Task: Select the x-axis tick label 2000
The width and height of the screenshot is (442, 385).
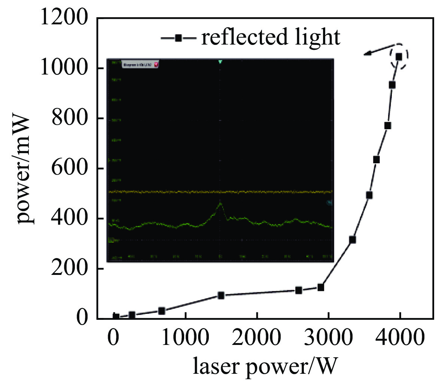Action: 257,338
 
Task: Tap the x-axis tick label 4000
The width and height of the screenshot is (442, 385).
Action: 399,338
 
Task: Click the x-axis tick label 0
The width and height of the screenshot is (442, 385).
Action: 113,338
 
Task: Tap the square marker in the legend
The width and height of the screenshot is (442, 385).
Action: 179,38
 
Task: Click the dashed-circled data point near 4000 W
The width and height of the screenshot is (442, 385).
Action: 399,57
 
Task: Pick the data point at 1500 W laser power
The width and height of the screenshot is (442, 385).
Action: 221,295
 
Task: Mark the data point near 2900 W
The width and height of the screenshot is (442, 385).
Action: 320,288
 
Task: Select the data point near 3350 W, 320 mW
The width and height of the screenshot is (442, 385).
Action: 352,240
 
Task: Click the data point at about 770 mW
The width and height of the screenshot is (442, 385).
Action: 388,125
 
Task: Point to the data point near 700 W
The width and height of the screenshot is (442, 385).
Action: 162,311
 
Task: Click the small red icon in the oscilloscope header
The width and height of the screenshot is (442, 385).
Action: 156,64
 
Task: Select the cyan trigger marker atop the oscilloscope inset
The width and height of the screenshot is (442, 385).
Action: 220,61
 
